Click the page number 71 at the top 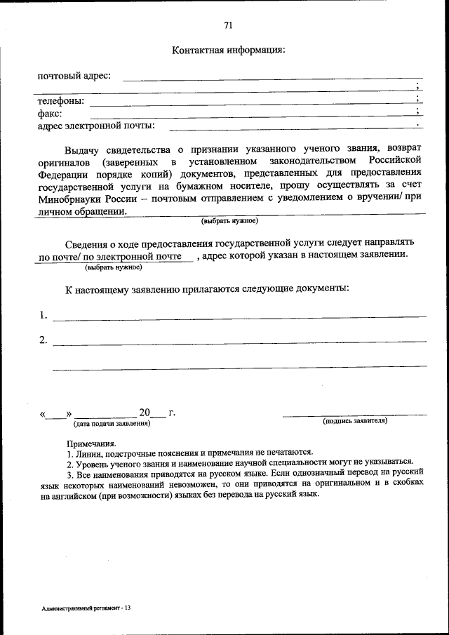[228, 25]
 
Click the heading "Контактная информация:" [228, 51]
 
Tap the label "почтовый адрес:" [74, 75]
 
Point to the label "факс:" [50, 113]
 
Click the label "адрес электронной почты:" [96, 126]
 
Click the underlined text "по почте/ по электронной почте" [114, 257]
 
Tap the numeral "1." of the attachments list [43, 315]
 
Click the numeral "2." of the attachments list [43, 340]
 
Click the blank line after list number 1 [239, 318]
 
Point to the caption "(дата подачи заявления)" [112, 424]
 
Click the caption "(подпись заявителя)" [354, 421]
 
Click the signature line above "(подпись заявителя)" [354, 415]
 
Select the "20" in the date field [145, 412]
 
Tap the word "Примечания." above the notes [91, 443]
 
